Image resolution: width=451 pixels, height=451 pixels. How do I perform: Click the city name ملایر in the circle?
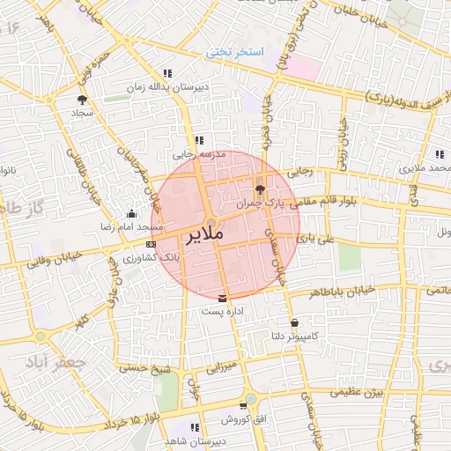205,235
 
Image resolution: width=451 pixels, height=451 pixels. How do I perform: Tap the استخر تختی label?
235,52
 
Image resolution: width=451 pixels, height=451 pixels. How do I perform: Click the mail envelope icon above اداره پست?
222,297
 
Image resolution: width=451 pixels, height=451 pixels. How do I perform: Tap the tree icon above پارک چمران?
259,188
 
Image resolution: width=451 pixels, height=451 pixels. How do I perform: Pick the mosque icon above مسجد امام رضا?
132,212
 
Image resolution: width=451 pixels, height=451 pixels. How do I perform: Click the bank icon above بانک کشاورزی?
152,244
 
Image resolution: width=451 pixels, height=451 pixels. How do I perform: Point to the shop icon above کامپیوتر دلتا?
293,322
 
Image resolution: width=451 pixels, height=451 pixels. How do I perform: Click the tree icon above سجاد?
83,100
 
